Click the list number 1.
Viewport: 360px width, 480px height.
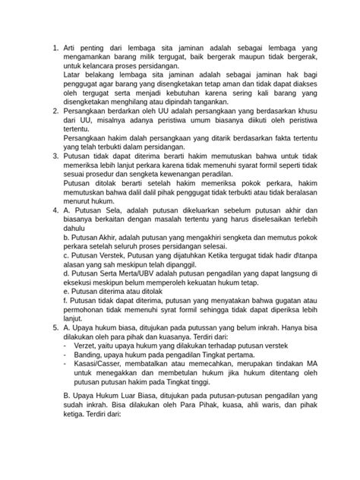[55, 49]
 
